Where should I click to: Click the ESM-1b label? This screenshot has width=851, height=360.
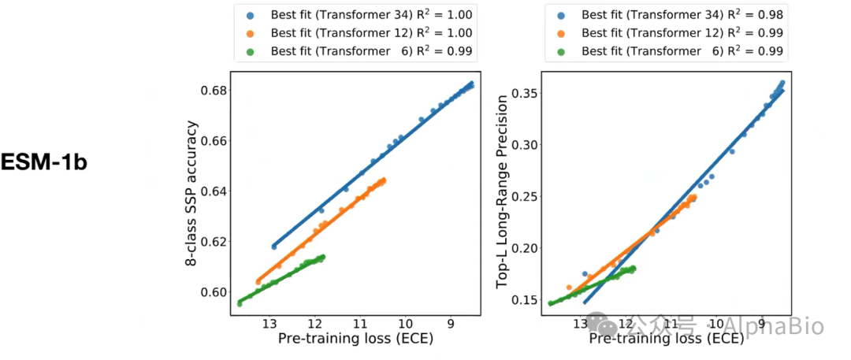(43, 162)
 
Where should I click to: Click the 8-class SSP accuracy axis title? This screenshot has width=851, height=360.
(191, 193)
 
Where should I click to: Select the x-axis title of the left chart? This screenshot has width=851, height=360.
(356, 340)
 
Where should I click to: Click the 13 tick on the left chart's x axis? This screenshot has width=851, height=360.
(269, 324)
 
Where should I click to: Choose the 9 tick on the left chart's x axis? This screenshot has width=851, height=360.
(450, 324)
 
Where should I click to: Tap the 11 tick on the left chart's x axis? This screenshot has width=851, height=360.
(360, 324)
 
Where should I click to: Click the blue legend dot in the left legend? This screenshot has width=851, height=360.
(251, 15)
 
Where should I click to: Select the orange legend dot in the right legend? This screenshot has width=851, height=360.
(562, 33)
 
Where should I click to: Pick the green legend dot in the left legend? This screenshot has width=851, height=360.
(251, 51)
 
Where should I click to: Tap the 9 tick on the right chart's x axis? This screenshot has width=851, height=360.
(761, 324)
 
